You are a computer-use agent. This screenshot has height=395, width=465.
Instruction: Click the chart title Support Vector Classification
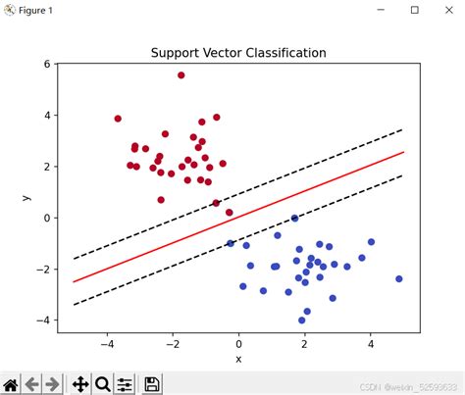click(238, 52)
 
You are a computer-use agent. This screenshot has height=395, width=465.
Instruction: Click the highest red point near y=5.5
click(181, 74)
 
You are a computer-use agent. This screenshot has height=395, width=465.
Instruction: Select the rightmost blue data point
click(399, 279)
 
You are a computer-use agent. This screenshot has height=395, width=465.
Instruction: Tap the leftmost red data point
click(118, 119)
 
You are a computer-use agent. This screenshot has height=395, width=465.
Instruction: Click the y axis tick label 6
click(45, 65)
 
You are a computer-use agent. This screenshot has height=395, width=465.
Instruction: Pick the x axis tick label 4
click(371, 344)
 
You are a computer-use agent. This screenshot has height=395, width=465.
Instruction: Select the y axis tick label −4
click(42, 321)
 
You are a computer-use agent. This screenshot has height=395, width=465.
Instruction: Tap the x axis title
click(238, 359)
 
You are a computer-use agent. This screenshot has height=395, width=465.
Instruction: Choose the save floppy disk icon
click(153, 383)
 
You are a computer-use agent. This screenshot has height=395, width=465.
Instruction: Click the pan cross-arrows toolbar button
click(79, 383)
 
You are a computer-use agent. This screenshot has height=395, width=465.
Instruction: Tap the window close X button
click(446, 11)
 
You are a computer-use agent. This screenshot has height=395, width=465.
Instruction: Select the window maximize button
click(414, 11)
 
